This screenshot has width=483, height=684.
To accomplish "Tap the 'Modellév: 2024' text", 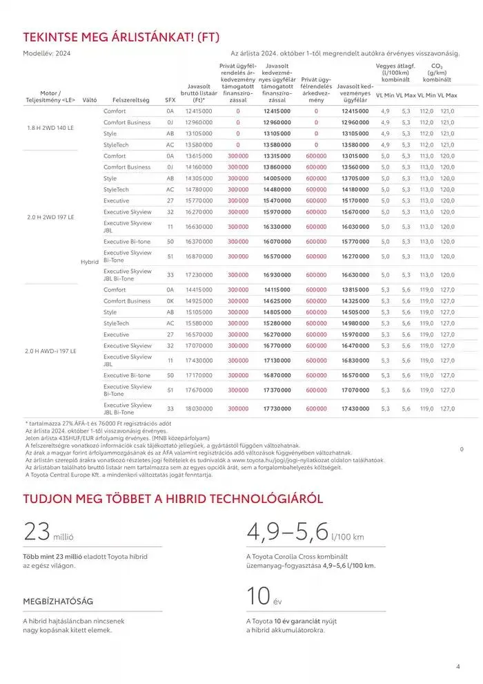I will point(47,53).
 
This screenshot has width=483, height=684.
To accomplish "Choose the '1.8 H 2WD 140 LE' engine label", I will point(50,128).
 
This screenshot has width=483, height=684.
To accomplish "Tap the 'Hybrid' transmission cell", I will point(90,262).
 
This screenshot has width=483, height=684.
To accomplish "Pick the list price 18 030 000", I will point(199,409).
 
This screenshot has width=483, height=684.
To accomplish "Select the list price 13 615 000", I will point(199,156).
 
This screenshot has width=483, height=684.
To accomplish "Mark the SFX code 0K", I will point(170,301).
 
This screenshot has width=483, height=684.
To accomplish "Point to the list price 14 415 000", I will point(199,290).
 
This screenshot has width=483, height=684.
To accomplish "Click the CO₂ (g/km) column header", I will point(437,73).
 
